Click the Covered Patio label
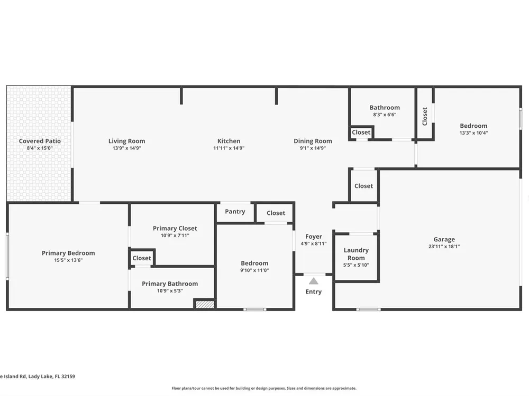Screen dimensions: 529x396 [x=40, y=141]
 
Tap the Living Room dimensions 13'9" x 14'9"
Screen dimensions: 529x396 [x=127, y=148]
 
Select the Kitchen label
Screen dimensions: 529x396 [x=229, y=141]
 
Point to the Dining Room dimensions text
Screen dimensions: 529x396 [x=313, y=148]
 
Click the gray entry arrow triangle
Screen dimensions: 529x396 [x=313, y=281]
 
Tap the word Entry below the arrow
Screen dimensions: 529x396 [x=313, y=291]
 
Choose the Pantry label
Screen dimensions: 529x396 [x=235, y=212]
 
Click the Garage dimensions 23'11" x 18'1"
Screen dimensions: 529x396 [x=444, y=247]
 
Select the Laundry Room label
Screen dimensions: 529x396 [x=356, y=254]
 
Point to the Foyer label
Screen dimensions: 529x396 [x=313, y=237]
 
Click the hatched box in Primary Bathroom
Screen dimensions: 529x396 [x=204, y=304]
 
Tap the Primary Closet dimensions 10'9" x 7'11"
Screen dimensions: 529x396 [x=175, y=235]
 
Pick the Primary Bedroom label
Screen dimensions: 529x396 [x=68, y=253]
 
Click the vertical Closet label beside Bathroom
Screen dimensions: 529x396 [x=425, y=116]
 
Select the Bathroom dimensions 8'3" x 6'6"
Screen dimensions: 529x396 [x=385, y=115]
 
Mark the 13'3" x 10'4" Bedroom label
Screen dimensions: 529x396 [x=473, y=126]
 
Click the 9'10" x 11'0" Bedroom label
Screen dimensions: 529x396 [x=254, y=263]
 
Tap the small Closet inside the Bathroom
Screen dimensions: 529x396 [x=361, y=133]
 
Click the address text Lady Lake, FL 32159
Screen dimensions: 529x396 [x=52, y=376]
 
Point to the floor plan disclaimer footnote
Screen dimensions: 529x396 [x=264, y=388]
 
